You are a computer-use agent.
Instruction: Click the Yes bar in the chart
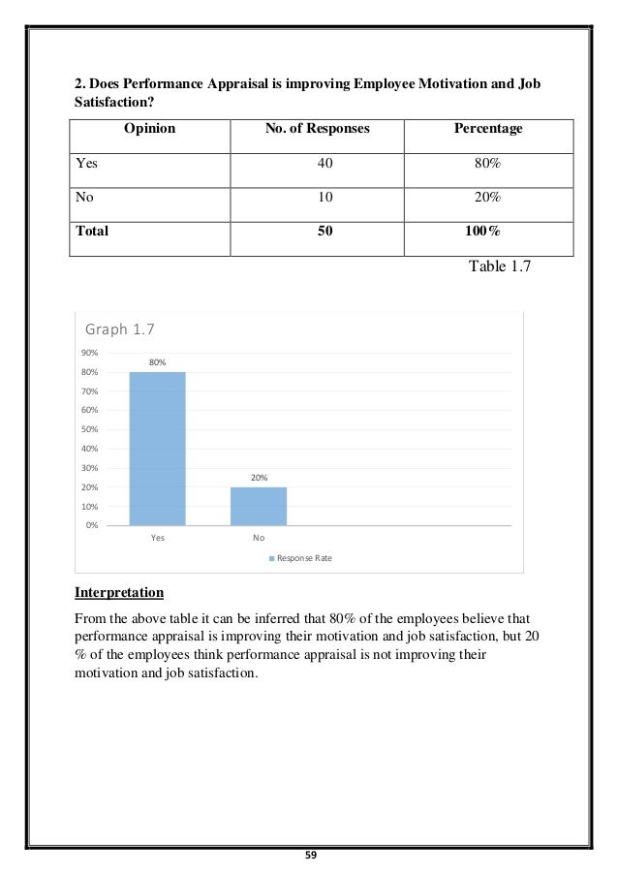coord(157,448)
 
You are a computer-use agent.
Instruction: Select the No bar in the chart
coord(259,506)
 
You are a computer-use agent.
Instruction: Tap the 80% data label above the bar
coord(157,361)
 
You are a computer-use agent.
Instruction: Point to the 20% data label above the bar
coord(259,478)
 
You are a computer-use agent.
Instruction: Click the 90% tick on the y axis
coord(90,353)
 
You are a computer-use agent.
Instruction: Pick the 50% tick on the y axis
coord(90,429)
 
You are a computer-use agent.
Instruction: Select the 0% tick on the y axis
coord(92,525)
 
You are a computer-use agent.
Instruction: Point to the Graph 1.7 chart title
coord(120,329)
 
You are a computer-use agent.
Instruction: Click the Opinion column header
coord(149,128)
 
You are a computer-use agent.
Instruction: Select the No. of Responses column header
coord(317,128)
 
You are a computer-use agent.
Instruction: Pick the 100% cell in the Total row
coord(480,232)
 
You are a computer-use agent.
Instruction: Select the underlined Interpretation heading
coord(119,592)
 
